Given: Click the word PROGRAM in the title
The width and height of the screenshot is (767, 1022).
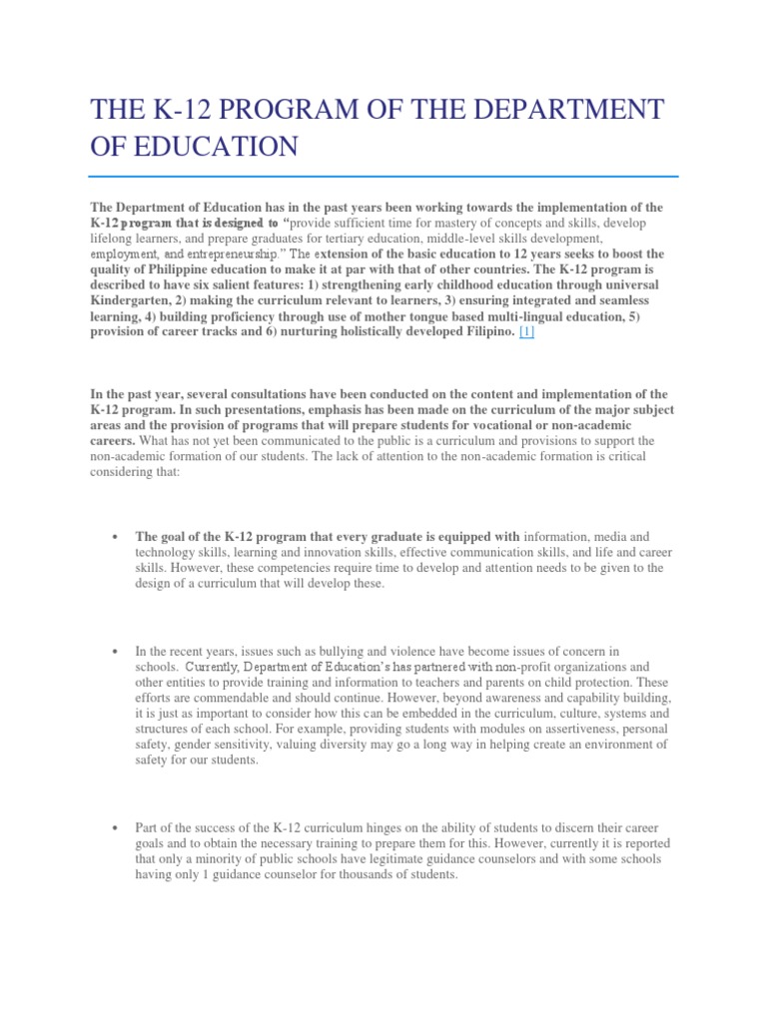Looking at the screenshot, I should click(x=274, y=109).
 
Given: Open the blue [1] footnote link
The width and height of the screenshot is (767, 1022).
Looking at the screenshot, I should click(x=525, y=332).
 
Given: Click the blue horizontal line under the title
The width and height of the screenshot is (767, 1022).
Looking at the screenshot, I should click(x=383, y=178).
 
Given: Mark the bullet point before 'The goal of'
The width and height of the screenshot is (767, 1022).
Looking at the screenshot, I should click(x=117, y=536).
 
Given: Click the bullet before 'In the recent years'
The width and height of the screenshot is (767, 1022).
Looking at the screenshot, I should click(x=117, y=652).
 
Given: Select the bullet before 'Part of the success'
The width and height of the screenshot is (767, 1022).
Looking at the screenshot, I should click(x=117, y=829).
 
